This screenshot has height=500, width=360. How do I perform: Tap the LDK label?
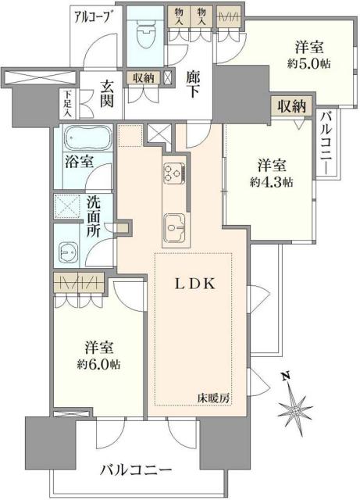point(191,286)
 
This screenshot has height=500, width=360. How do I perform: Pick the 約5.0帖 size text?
point(309,64)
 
